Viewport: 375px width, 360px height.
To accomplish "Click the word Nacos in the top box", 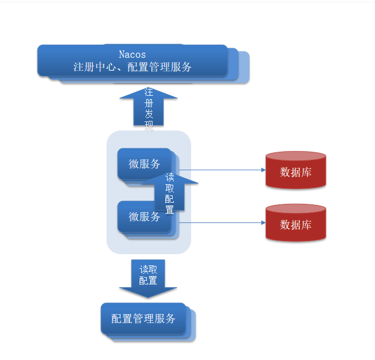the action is click(x=132, y=54).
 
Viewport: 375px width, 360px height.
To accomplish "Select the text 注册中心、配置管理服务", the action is click(x=132, y=67).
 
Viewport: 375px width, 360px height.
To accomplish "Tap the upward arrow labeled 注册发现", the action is click(x=149, y=106).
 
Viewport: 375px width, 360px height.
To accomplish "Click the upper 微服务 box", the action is click(x=144, y=164).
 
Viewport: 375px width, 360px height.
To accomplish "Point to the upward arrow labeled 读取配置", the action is click(x=170, y=193).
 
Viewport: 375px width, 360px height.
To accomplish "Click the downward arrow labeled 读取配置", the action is click(x=148, y=278).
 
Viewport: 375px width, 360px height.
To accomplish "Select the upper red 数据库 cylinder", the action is click(x=296, y=170).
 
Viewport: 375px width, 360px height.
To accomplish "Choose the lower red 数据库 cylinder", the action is click(x=296, y=223).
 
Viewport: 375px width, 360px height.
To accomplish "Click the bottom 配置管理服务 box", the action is click(x=143, y=319).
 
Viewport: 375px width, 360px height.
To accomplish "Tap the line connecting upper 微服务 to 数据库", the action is click(x=223, y=170).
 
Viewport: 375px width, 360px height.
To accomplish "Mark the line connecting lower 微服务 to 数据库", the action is click(x=223, y=223).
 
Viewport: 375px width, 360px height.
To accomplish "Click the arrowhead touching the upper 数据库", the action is click(x=263, y=170).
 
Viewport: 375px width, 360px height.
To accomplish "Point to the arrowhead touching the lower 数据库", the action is click(x=263, y=223).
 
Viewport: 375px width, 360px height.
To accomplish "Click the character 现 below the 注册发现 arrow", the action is click(x=149, y=125).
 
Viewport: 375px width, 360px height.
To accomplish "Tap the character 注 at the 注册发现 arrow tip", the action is click(x=149, y=92).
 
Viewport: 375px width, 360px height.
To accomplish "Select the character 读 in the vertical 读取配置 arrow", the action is click(x=170, y=177).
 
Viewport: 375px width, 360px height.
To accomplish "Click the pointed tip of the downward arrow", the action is click(x=148, y=298).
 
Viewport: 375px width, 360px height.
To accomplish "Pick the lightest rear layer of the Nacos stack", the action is click(x=244, y=67).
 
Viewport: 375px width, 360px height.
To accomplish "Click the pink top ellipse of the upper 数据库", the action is click(x=296, y=156).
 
